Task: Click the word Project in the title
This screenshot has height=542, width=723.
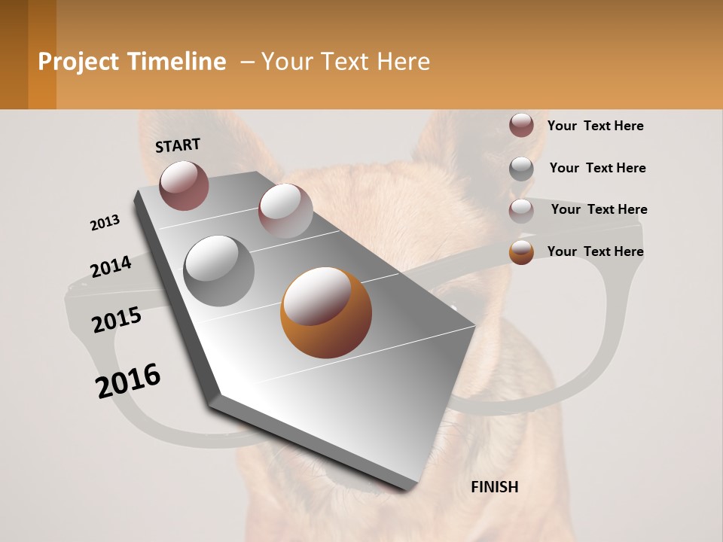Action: click(78, 62)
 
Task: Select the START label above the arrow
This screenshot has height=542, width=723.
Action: click(178, 145)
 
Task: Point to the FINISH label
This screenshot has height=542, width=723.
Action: click(494, 487)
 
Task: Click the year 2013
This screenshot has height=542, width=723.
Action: click(105, 223)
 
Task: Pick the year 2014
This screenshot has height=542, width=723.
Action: click(111, 266)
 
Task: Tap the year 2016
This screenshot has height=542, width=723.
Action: click(128, 380)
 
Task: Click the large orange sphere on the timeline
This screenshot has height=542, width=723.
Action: click(325, 312)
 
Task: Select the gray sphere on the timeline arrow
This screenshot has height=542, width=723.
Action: click(219, 271)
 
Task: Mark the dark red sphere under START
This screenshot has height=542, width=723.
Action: click(184, 185)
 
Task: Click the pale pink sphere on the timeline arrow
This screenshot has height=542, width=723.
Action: click(285, 210)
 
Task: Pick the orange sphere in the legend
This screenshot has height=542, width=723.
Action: click(521, 252)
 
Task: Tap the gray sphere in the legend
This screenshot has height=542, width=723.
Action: click(521, 169)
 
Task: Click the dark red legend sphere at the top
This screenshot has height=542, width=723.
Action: click(521, 126)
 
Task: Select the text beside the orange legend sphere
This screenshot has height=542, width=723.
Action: click(595, 251)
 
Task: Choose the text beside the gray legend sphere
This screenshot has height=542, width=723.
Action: click(597, 168)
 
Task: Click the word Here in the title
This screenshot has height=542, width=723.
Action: click(402, 62)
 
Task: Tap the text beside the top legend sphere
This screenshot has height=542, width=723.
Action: click(595, 126)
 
